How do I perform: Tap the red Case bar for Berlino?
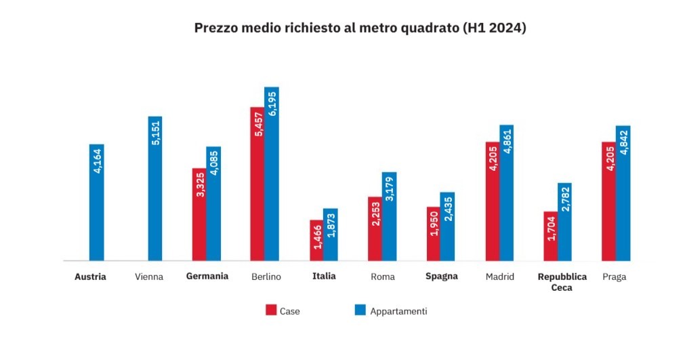pos(257,184)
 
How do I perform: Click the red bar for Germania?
pos(199,214)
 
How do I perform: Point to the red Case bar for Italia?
pos(316,240)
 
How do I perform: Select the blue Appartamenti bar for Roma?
pos(389,216)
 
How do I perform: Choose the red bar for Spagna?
pos(433,233)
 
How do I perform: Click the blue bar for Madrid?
pos(506,193)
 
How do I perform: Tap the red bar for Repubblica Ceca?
pos(550,236)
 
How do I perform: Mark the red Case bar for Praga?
pos(608,201)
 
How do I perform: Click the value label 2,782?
pos(565,201)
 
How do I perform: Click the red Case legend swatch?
pos(270,311)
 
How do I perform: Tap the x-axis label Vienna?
pos(149,277)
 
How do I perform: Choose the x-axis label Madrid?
pos(500,277)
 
